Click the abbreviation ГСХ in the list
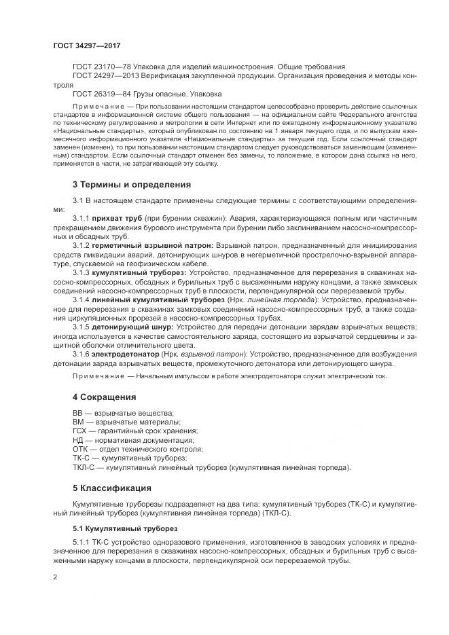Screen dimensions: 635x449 click(x=81, y=431)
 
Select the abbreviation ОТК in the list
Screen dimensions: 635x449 click(x=81, y=449)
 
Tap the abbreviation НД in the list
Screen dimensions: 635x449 click(x=77, y=440)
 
